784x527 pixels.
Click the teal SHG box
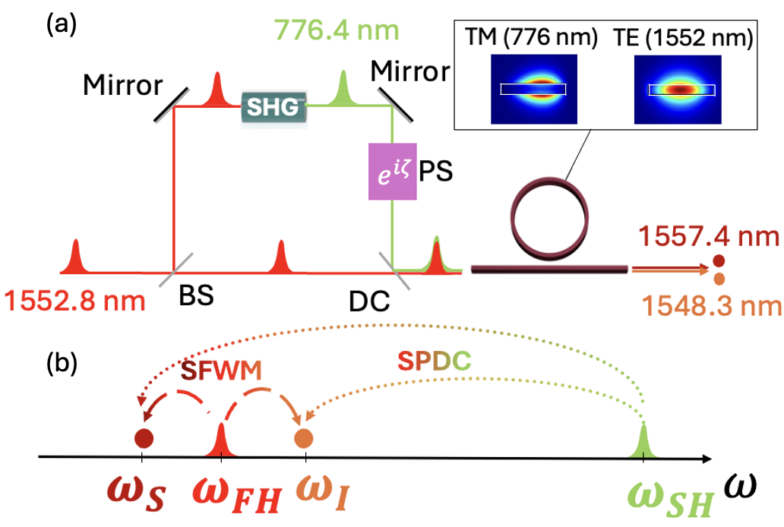coord(275,109)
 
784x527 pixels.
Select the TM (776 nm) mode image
coord(533,89)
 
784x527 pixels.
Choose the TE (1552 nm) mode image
coord(681,89)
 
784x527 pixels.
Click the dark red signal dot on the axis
coord(143,438)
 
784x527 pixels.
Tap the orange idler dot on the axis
coord(304,438)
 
